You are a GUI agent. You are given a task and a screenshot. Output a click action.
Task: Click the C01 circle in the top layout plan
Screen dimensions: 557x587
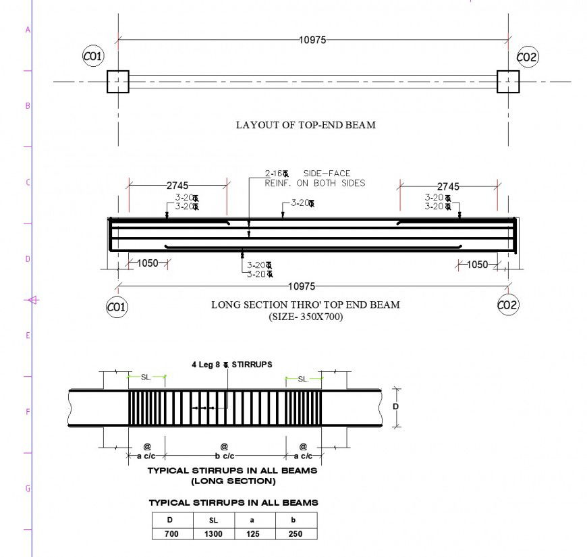point(93,57)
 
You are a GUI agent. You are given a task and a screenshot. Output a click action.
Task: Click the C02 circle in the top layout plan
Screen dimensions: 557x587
point(527,57)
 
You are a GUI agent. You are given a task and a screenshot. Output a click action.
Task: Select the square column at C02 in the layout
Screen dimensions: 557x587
point(508,82)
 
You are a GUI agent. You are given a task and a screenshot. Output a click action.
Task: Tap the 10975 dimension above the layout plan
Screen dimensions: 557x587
point(312,40)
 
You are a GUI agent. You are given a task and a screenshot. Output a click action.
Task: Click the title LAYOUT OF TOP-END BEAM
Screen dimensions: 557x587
point(305,125)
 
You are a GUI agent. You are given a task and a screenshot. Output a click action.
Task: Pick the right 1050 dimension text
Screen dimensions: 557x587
point(477,264)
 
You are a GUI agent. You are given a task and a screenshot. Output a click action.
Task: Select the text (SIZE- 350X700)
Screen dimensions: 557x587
point(305,316)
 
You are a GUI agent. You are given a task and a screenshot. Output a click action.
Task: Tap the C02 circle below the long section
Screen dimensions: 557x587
point(507,305)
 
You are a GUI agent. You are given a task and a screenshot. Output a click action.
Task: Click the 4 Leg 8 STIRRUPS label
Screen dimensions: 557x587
point(232,364)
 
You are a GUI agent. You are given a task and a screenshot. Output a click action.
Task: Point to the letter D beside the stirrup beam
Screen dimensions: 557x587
point(395,407)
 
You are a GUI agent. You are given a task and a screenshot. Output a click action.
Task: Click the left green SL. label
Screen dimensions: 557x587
point(146,378)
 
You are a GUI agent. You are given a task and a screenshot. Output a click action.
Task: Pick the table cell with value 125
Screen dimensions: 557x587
point(254,533)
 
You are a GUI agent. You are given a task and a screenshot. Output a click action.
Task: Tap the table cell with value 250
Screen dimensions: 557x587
point(295,533)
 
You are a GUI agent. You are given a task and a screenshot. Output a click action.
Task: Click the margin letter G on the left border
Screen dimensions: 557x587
point(28,488)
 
